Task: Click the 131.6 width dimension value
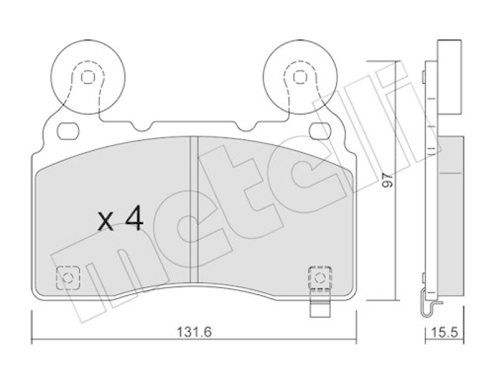(194, 332)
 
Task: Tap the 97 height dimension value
(388, 180)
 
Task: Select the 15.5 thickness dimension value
(444, 332)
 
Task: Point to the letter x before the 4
(105, 221)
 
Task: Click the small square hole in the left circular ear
(88, 77)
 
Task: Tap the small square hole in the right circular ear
(300, 77)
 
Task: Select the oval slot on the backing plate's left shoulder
(68, 131)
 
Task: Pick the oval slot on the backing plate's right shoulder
(320, 131)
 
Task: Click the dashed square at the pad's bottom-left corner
(68, 278)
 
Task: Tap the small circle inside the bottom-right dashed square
(320, 278)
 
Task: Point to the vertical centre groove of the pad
(194, 209)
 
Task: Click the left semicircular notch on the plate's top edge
(143, 126)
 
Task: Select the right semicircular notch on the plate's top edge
(246, 126)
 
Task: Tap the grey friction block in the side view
(451, 216)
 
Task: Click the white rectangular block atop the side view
(450, 78)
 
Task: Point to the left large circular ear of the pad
(88, 77)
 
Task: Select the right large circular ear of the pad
(300, 77)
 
